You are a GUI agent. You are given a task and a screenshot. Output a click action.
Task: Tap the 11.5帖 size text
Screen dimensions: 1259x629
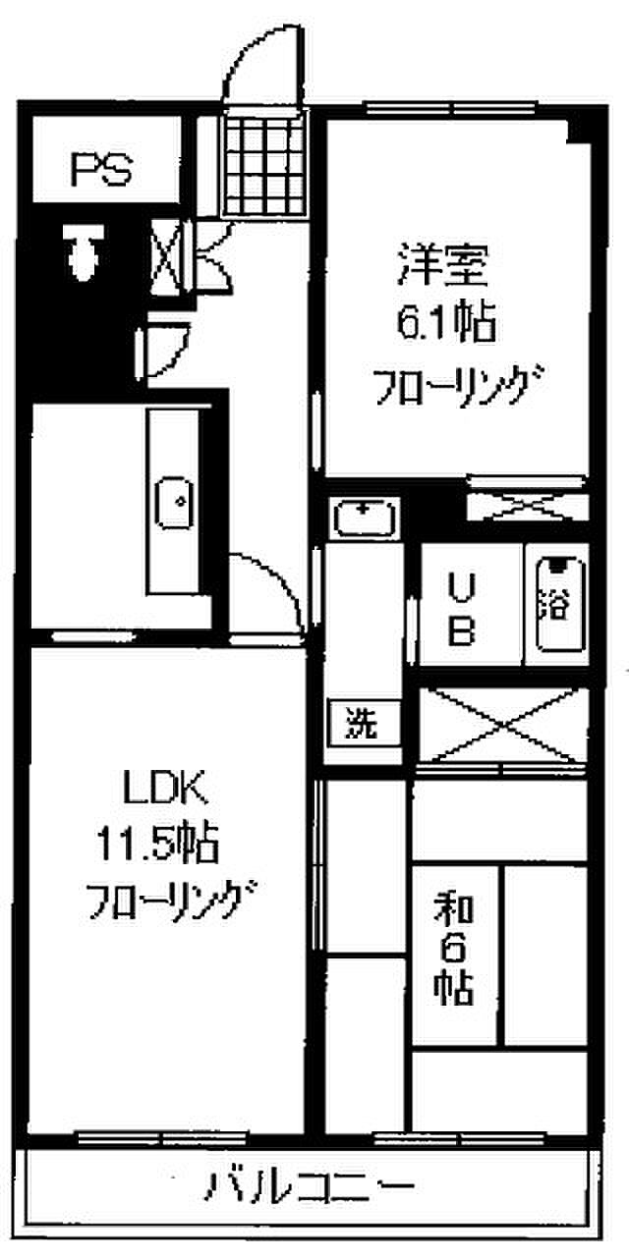point(156,842)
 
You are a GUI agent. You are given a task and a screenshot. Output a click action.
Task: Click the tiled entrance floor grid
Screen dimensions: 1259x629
point(262,163)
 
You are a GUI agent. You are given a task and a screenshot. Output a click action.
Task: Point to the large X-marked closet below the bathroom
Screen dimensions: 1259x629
point(504,726)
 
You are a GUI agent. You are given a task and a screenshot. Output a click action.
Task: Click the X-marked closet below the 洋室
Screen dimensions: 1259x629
point(526,506)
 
